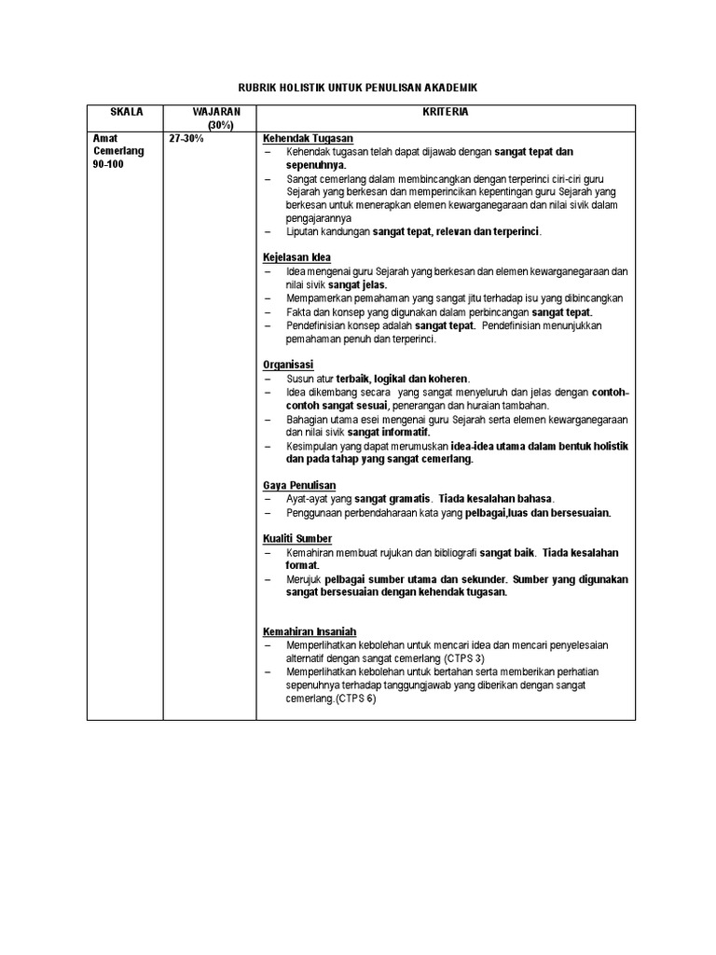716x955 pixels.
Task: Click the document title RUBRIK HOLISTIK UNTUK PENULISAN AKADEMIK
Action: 358,87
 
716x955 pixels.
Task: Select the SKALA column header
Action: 125,112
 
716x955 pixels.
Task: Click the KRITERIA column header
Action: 445,112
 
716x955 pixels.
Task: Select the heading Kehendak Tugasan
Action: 308,138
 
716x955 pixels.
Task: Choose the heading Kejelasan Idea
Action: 296,257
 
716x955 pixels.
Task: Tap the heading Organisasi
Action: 288,365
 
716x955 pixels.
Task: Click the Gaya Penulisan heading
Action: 299,486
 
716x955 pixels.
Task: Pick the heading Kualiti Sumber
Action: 297,539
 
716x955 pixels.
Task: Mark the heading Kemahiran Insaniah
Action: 310,631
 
